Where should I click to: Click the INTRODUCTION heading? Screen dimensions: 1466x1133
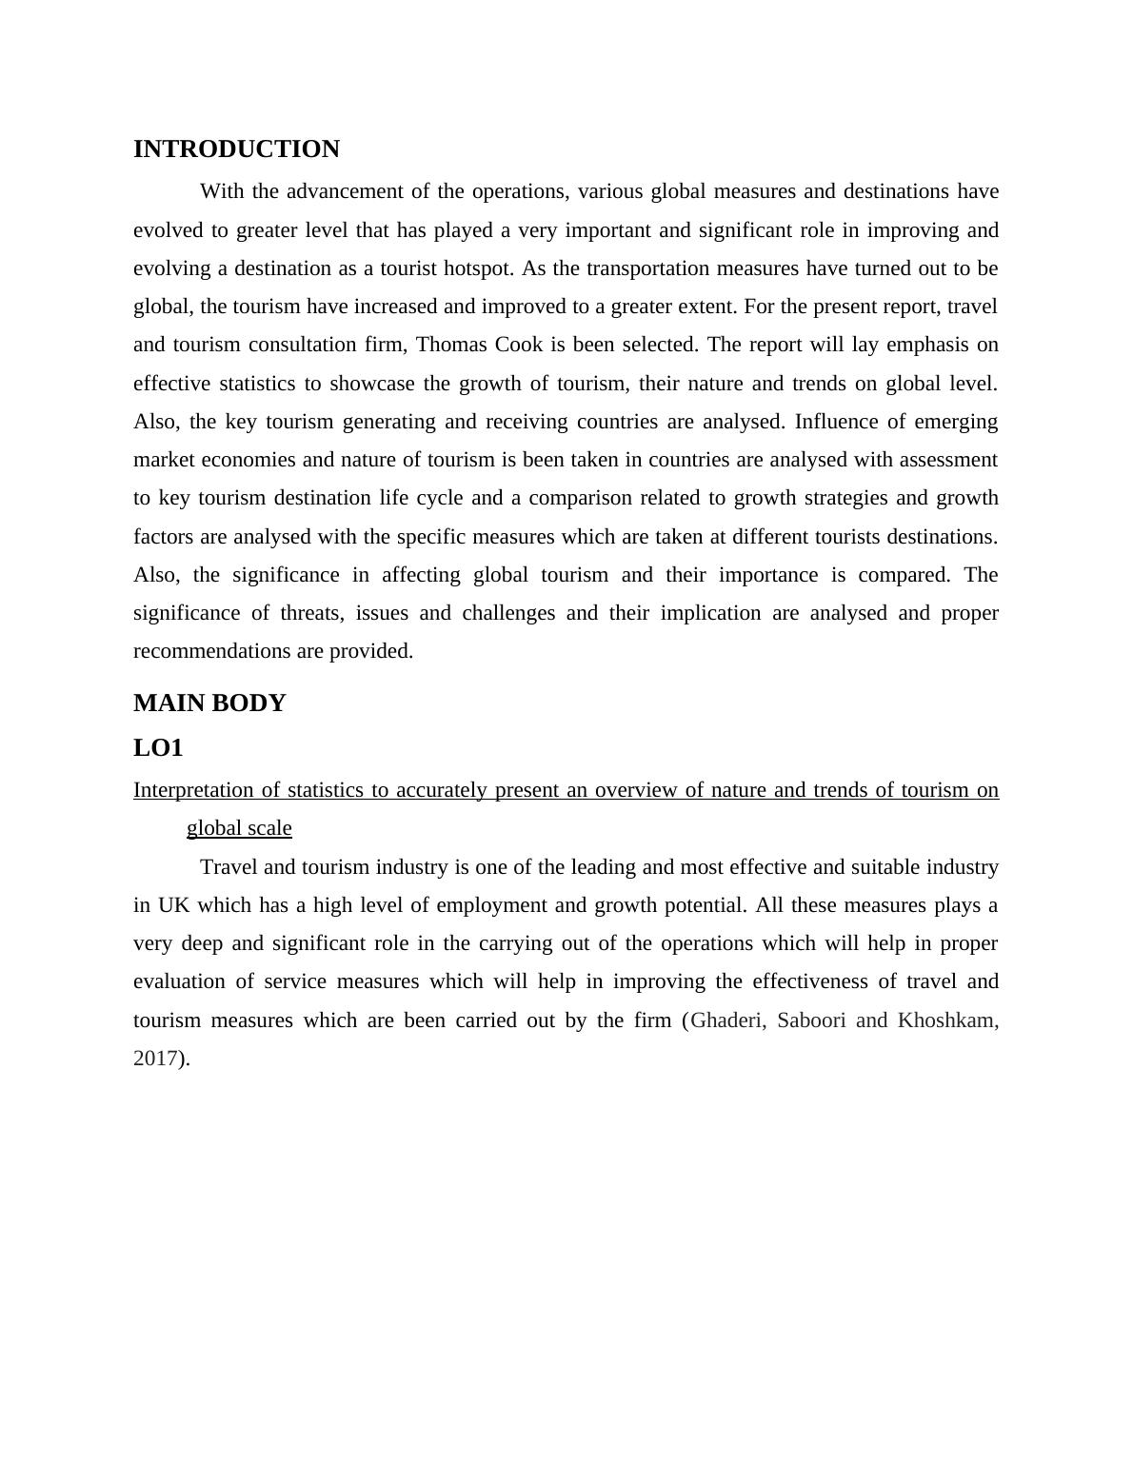pos(236,149)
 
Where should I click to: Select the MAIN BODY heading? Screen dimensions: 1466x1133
pos(209,703)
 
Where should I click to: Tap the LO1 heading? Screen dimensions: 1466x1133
pos(158,748)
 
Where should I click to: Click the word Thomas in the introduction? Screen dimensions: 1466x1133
pos(447,345)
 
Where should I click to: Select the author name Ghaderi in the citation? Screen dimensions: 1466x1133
pos(726,1020)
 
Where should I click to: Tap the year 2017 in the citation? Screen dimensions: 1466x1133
pos(155,1059)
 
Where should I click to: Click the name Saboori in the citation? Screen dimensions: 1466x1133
pos(811,1020)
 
